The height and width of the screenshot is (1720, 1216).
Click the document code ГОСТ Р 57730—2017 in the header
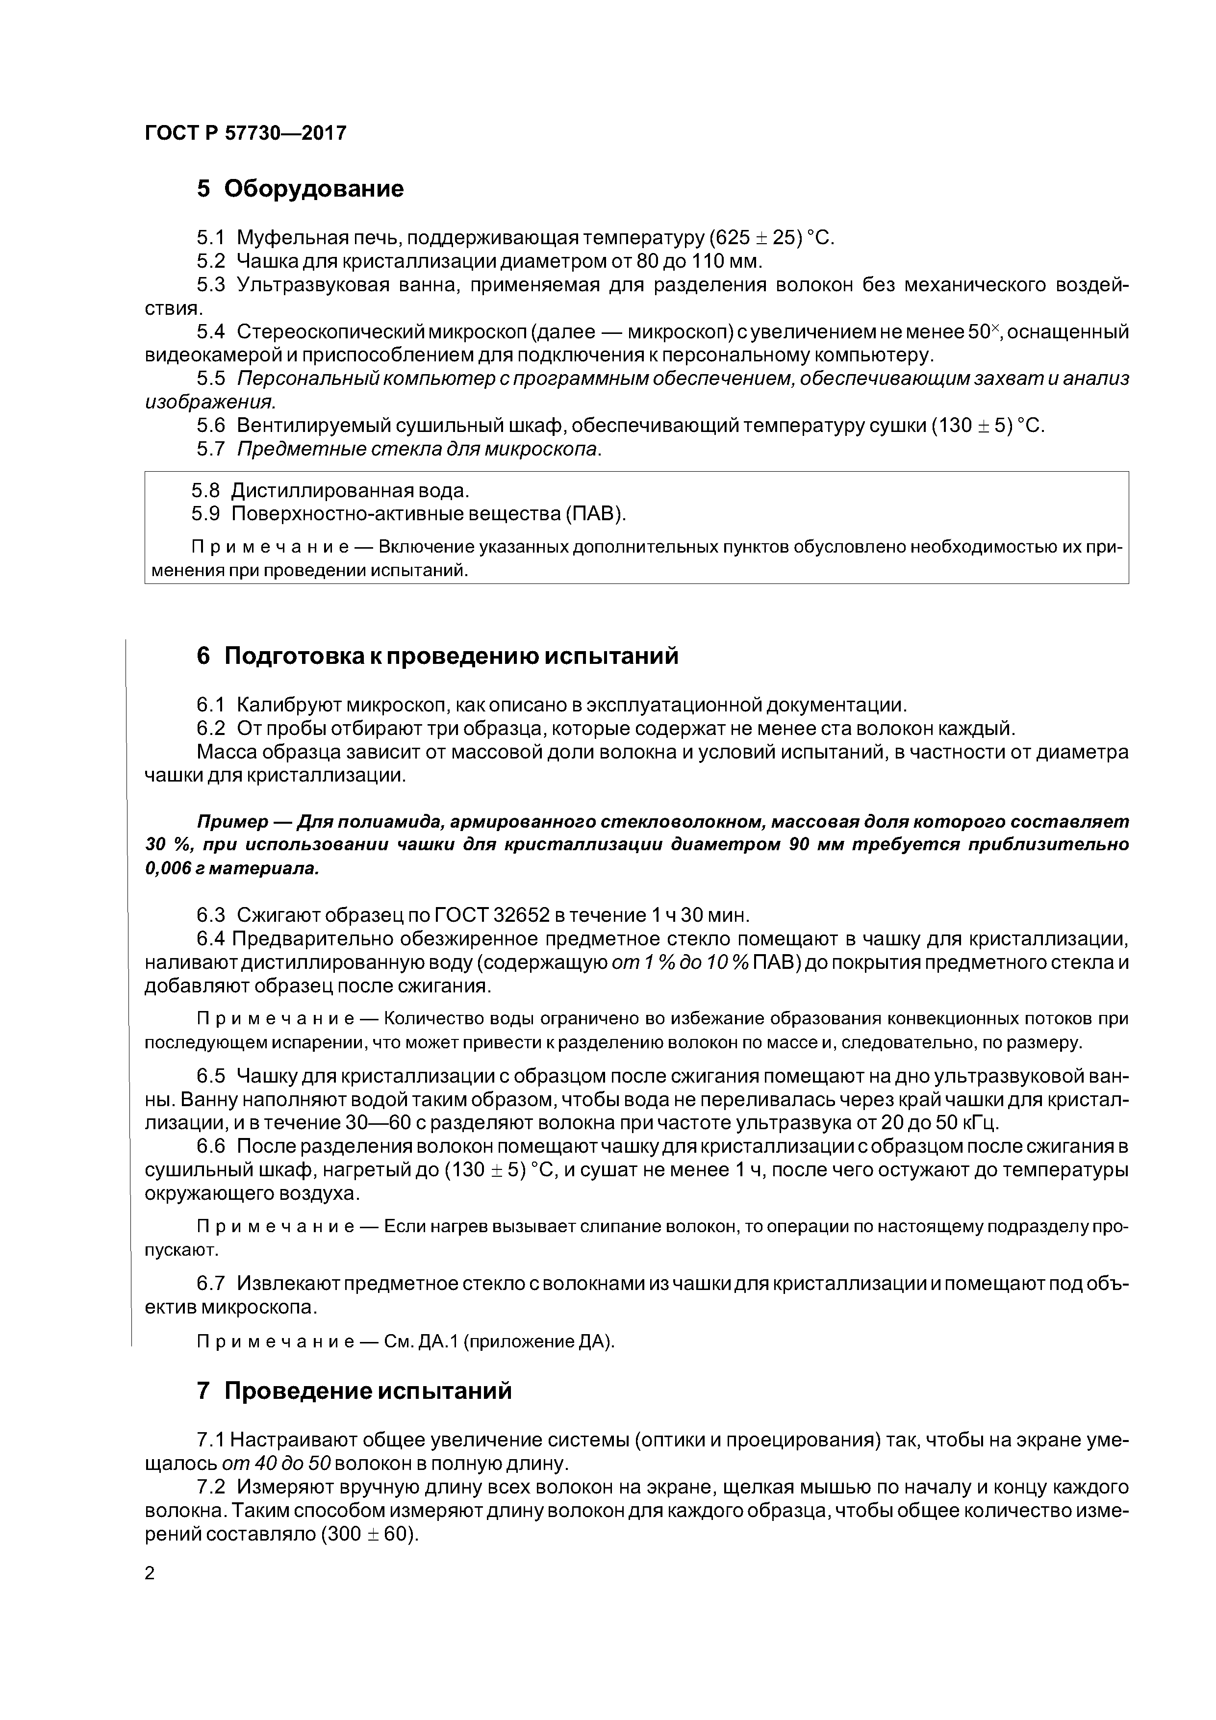[245, 133]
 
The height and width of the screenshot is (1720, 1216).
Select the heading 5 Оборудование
[300, 189]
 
